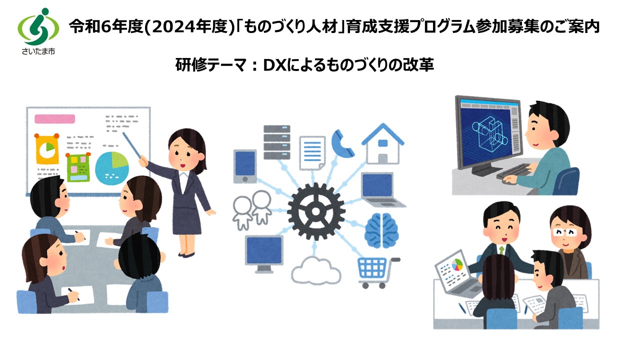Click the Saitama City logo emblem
click(38, 26)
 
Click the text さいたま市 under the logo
click(38, 51)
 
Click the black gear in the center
click(315, 211)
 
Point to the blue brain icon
click(381, 230)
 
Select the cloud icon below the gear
click(315, 270)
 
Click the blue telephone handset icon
click(342, 143)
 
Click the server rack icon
click(277, 142)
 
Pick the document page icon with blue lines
click(312, 153)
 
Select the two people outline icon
click(252, 210)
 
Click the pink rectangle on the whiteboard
click(55, 119)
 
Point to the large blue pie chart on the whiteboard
click(111, 168)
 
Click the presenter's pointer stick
click(132, 145)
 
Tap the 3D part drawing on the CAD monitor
click(490, 134)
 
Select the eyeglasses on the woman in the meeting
click(565, 232)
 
